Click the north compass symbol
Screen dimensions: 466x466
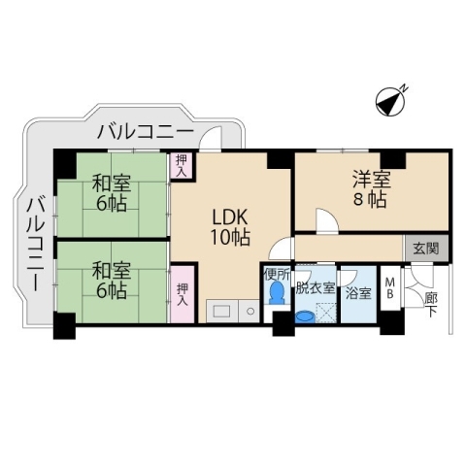(391, 101)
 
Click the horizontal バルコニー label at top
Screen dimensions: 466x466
(146, 131)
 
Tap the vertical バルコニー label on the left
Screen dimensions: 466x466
(34, 243)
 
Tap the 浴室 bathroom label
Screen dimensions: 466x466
(358, 291)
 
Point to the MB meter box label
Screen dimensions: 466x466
(389, 288)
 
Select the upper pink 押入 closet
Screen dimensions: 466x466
(181, 165)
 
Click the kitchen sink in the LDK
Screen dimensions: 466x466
(221, 311)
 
